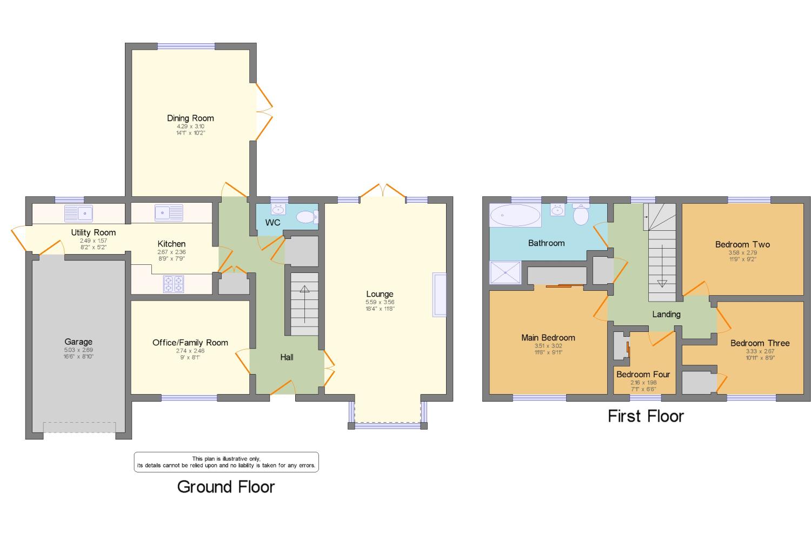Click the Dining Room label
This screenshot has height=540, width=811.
[190, 118]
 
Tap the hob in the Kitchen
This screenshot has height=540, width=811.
[174, 284]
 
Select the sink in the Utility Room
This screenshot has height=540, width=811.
[78, 213]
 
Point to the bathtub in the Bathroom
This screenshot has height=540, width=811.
[515, 215]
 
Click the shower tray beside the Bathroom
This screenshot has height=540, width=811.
[505, 272]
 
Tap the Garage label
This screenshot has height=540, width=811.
[78, 342]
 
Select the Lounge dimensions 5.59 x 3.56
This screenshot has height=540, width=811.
[380, 302]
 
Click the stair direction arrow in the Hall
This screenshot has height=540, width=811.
[304, 304]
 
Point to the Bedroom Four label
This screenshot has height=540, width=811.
[643, 374]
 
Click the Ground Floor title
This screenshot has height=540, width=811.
[226, 487]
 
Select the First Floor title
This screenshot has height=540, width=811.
[646, 416]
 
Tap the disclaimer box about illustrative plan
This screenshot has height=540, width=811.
[227, 462]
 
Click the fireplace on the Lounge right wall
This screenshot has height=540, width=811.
[439, 295]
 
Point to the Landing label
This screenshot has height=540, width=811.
[666, 314]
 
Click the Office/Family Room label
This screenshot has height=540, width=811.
[190, 342]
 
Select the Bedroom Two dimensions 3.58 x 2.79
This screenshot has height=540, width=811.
[742, 252]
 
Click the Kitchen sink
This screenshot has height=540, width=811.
[169, 213]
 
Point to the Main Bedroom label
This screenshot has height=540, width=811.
[548, 338]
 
